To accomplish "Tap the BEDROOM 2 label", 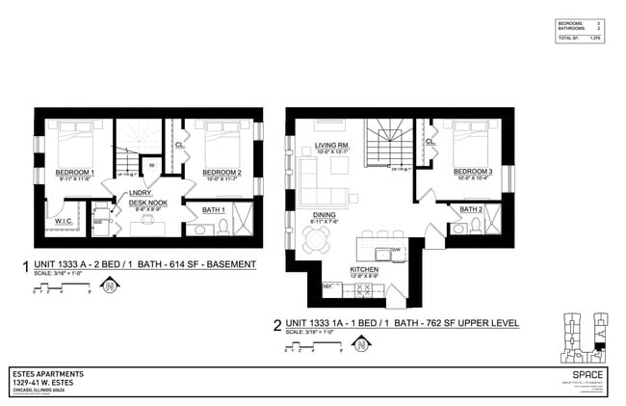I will [x=221, y=172].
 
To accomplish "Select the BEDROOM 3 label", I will [x=473, y=172].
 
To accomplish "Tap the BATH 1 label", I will [x=213, y=209].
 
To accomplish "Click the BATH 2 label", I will [x=470, y=209].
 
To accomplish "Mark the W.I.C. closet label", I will [x=65, y=221].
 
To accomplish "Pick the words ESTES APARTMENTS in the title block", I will [x=48, y=372].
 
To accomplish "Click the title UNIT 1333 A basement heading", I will [x=144, y=263].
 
